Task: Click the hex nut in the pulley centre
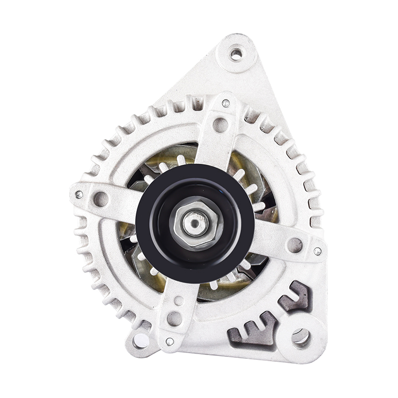click(196, 223)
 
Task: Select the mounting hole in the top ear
click(236, 54)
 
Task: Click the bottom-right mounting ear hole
click(301, 336)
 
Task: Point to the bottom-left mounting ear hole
click(141, 340)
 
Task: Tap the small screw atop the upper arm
click(226, 103)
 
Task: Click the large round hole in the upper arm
click(220, 125)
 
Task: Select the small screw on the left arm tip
click(79, 195)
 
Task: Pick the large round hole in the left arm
click(101, 199)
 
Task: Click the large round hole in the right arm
click(295, 245)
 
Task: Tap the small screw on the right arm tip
click(317, 251)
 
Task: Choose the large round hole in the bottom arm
click(174, 318)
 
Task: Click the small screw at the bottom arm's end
click(170, 341)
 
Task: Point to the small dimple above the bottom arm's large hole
click(179, 300)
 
